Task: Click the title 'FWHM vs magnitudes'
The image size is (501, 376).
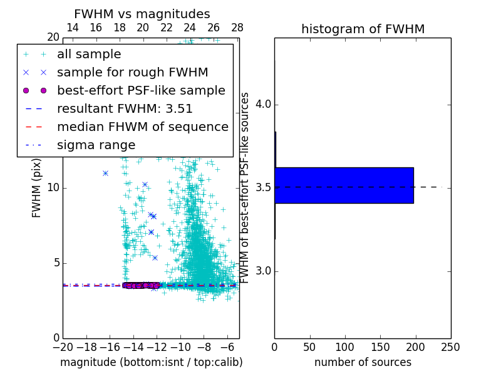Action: click(142, 14)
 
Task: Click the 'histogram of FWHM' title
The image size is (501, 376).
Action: click(363, 29)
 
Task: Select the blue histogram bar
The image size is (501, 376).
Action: click(344, 185)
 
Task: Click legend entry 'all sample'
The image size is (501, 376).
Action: click(89, 55)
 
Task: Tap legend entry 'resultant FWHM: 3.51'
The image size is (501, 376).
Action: click(125, 108)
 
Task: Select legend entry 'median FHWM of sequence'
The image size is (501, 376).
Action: click(142, 127)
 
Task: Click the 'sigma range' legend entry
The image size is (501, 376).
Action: click(96, 145)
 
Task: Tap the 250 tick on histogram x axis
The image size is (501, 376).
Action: click(451, 347)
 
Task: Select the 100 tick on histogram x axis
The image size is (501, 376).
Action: click(345, 347)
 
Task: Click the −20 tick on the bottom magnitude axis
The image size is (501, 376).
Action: click(63, 347)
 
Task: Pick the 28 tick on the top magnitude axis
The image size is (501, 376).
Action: click(237, 28)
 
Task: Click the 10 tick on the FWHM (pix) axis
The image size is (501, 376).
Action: click(53, 188)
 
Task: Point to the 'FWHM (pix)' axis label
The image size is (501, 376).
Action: click(37, 188)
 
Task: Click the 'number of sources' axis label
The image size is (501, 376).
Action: click(363, 362)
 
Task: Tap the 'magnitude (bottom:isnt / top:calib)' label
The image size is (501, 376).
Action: click(151, 362)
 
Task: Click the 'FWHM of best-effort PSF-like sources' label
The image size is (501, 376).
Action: click(245, 188)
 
